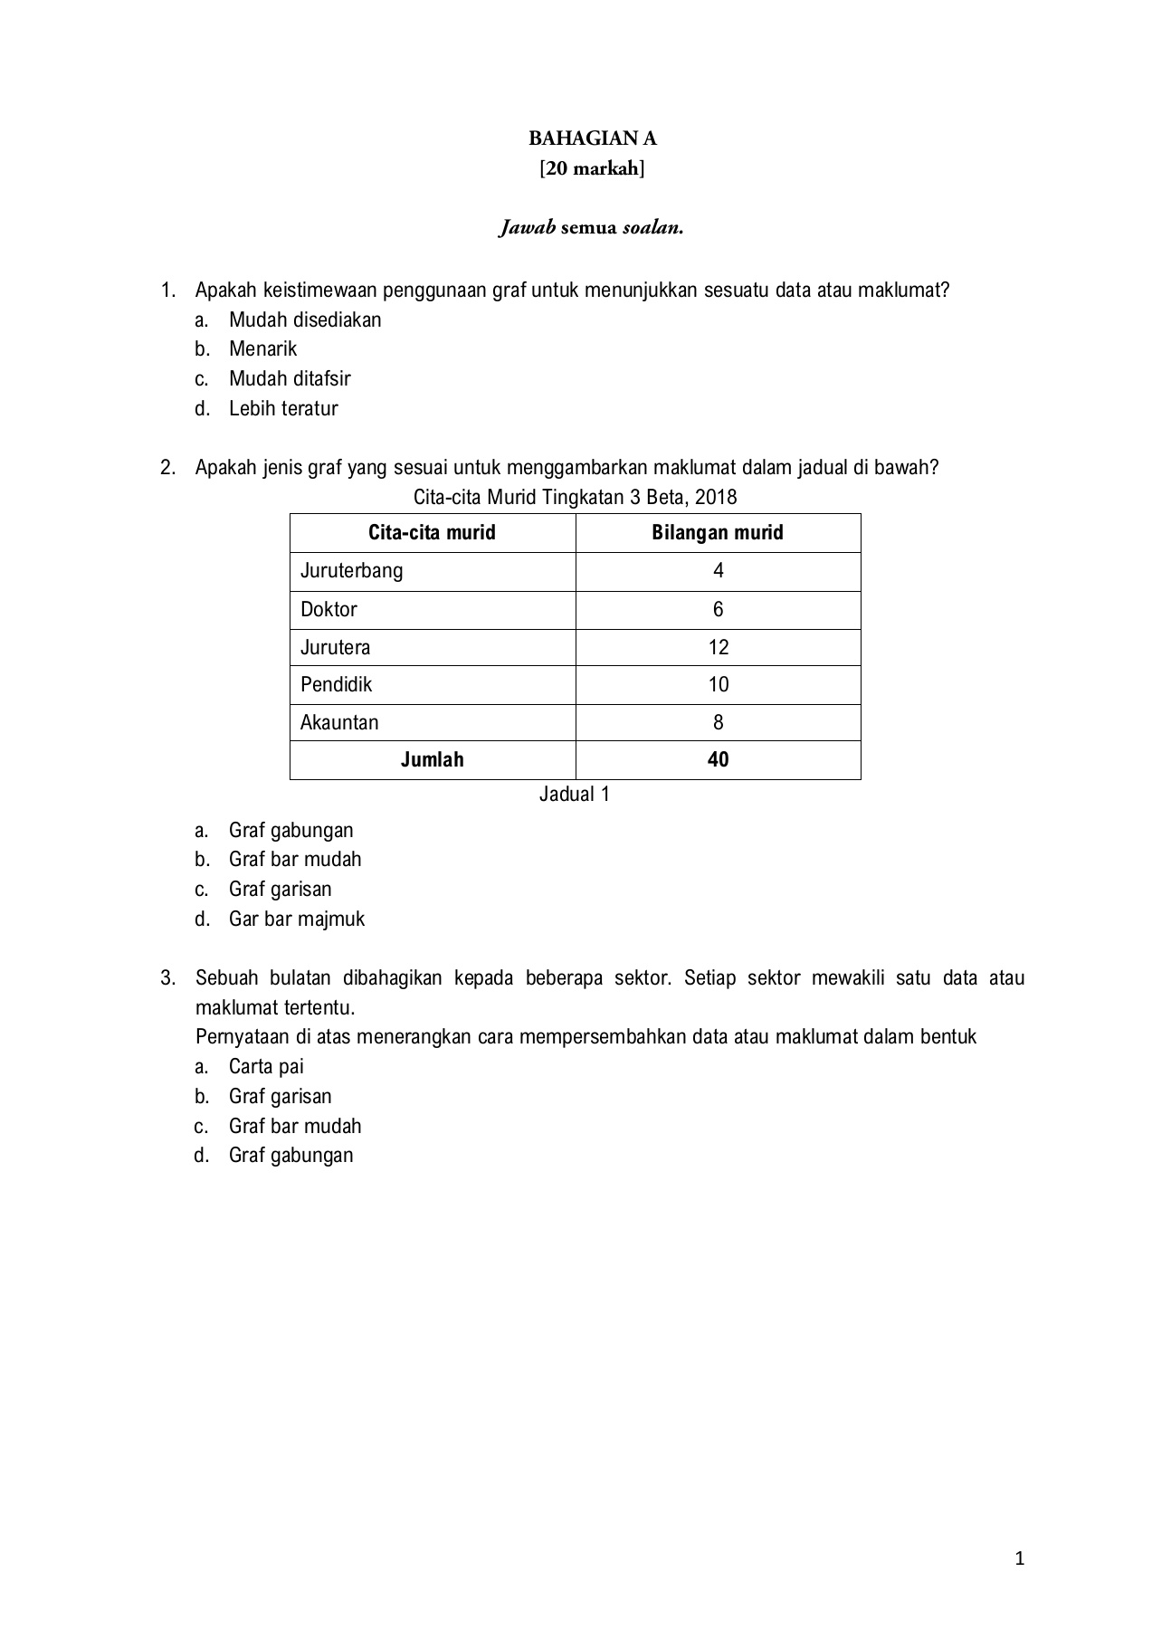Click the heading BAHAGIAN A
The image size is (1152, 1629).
[593, 138]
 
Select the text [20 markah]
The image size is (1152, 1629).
[593, 168]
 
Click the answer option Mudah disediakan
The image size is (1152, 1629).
[305, 319]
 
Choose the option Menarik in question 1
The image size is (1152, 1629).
[262, 349]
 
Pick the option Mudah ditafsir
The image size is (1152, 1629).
[290, 378]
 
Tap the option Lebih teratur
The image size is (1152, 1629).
[283, 408]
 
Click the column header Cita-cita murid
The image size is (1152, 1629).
[432, 532]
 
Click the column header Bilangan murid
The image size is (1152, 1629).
[718, 532]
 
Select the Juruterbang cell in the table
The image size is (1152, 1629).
[352, 571]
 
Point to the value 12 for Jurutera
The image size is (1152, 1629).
[719, 647]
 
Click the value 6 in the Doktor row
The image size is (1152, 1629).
[719, 609]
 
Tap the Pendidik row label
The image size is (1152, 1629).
[337, 684]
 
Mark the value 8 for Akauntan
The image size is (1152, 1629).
[719, 722]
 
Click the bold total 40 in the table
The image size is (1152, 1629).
[719, 759]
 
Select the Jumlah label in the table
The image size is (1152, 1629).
[432, 759]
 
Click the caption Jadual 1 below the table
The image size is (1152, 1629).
[575, 794]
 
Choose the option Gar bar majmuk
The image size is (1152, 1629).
[297, 919]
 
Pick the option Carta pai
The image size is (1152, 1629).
[266, 1066]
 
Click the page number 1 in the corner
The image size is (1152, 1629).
[1020, 1558]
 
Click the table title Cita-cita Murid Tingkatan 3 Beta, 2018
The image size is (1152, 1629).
[575, 497]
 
